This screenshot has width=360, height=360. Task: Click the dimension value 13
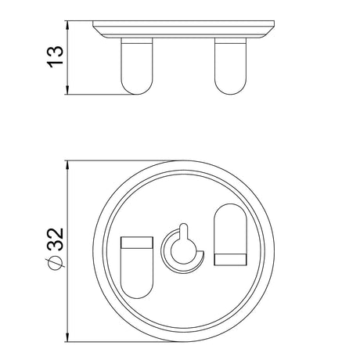pyautogui.click(x=56, y=57)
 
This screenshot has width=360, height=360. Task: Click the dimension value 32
pyautogui.click(x=56, y=239)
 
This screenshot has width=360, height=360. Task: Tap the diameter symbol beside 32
pyautogui.click(x=56, y=263)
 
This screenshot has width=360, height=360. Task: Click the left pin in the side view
pyautogui.click(x=137, y=67)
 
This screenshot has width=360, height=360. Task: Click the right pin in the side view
pyautogui.click(x=230, y=67)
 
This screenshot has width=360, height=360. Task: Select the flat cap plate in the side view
pyautogui.click(x=184, y=29)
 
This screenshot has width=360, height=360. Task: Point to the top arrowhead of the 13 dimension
pyautogui.click(x=67, y=25)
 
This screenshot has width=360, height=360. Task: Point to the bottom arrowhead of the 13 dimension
pyautogui.click(x=67, y=90)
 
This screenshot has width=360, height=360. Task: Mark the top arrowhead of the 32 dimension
pyautogui.click(x=67, y=165)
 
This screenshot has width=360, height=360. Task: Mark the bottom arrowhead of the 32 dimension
pyautogui.click(x=67, y=337)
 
